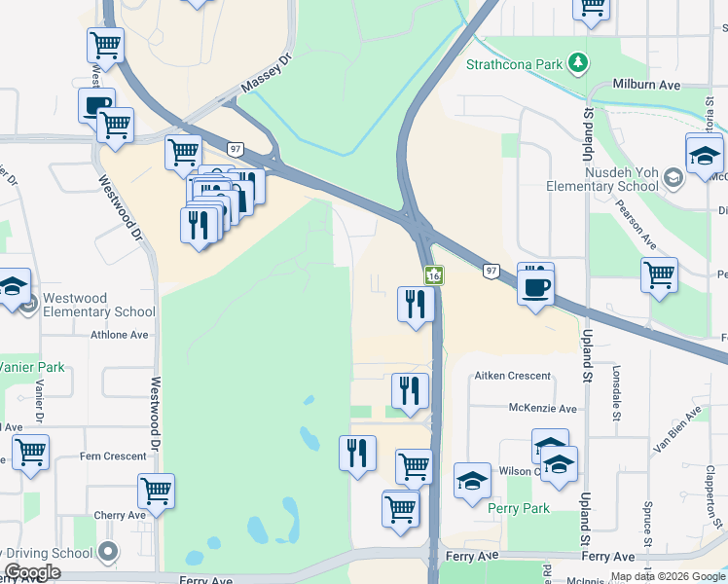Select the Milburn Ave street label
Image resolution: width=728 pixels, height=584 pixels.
[x=646, y=86]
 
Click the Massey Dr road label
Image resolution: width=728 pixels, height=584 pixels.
[x=266, y=74]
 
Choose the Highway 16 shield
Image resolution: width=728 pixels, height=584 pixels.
[x=434, y=277]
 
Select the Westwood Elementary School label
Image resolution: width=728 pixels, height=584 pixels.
[x=93, y=305]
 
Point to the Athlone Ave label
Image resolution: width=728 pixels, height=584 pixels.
[x=120, y=335]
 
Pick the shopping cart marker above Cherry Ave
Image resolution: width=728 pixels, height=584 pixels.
[x=156, y=491]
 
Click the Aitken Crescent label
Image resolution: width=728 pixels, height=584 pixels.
[x=512, y=376]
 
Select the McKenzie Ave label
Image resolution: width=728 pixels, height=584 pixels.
[x=542, y=409]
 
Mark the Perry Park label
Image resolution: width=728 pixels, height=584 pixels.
[x=519, y=508]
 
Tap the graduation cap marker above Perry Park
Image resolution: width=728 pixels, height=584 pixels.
[x=472, y=481]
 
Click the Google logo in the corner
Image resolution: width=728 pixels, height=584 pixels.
[x=32, y=572]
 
